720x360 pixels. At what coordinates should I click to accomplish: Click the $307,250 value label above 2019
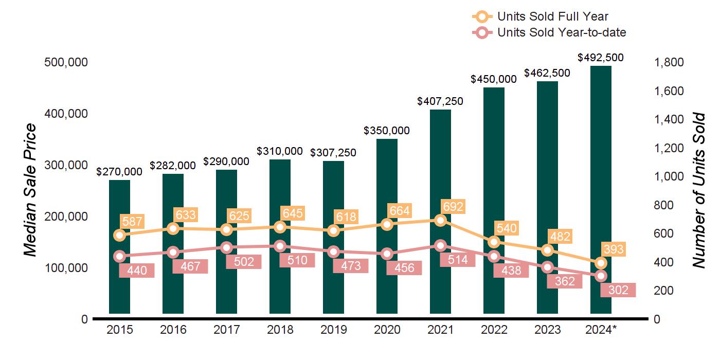333,153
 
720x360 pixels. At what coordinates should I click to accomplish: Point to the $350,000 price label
387,131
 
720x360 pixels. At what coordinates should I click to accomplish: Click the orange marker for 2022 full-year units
494,242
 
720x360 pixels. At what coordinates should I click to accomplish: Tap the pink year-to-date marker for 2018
280,246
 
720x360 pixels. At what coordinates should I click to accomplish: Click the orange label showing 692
453,207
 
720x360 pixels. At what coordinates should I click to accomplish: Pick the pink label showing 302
618,290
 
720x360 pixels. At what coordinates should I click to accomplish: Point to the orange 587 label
132,222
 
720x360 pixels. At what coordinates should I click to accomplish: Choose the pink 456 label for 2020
404,268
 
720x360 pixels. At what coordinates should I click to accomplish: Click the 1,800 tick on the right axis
669,62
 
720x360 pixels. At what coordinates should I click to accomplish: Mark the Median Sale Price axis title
31,190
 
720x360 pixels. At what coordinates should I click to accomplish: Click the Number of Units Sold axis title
698,190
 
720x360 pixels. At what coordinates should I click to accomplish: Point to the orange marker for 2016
173,228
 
